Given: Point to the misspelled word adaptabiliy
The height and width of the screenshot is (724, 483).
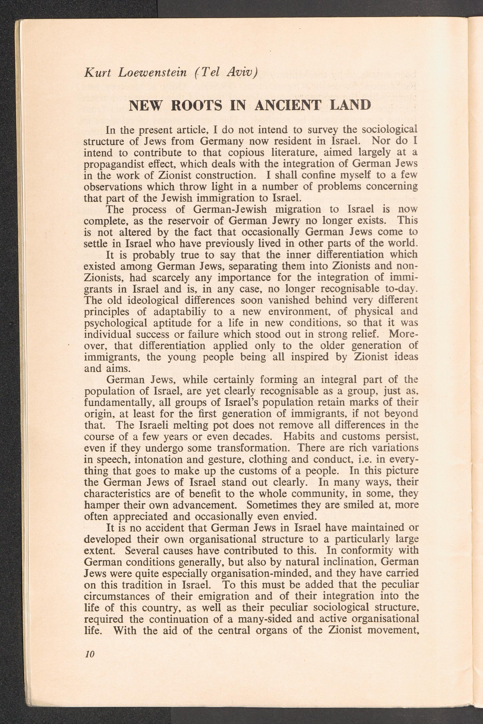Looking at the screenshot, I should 179,311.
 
